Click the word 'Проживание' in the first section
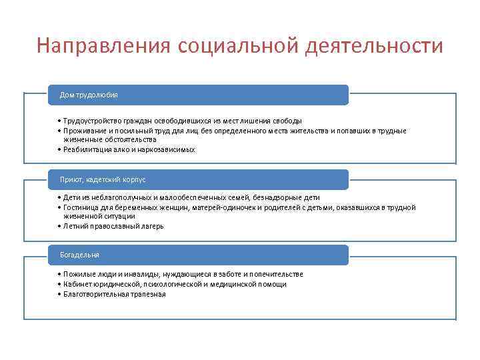click(82, 131)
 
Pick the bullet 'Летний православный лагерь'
click(113, 226)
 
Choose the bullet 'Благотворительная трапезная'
click(114, 294)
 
